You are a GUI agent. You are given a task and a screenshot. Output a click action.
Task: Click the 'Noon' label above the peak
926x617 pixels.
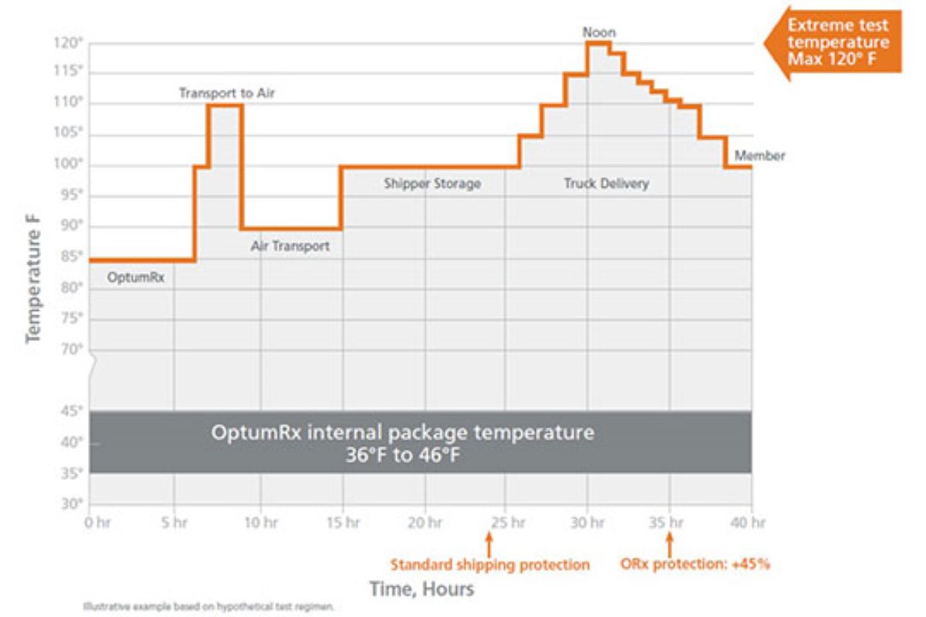[600, 33]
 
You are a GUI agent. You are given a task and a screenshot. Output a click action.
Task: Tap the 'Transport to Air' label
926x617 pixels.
[227, 93]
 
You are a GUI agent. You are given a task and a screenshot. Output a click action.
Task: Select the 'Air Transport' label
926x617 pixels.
[290, 247]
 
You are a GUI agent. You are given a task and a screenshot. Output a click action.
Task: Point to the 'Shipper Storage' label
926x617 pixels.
[432, 184]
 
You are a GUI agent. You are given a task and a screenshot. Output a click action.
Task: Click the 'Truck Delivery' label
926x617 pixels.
[606, 184]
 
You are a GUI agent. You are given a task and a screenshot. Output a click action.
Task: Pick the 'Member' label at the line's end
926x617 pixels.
[759, 156]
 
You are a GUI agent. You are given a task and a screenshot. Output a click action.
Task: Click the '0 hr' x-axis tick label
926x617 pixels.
[98, 522]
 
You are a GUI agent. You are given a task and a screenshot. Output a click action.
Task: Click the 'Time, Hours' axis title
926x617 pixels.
[421, 589]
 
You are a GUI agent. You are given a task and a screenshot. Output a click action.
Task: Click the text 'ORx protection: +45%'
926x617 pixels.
[695, 565]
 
